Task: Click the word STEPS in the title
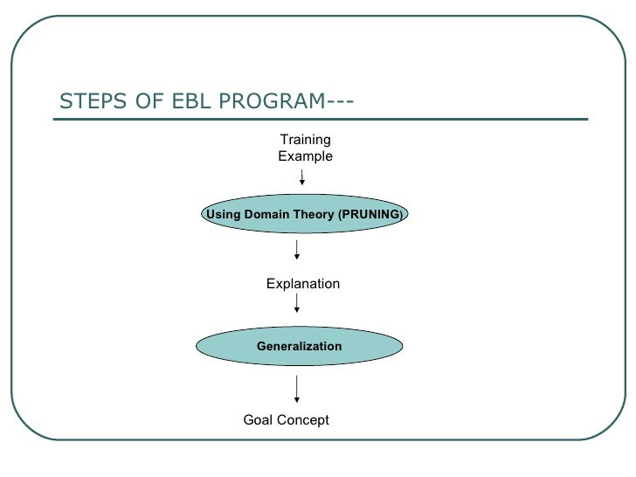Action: coord(93,100)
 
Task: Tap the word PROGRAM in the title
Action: coord(273,100)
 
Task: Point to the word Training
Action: coord(306,140)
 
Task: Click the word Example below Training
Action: coord(306,156)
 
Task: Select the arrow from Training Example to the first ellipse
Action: coord(301,177)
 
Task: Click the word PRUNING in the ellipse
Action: coord(371,214)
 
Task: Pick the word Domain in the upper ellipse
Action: coord(267,214)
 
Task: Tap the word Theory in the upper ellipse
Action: coord(314,215)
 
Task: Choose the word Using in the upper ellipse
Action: coord(224,215)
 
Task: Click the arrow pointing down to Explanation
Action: coord(297,250)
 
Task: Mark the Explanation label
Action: coord(303,284)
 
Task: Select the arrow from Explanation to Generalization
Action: coord(297,303)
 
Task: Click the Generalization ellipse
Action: coord(300,346)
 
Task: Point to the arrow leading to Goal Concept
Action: coord(297,389)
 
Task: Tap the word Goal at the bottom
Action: coord(258,420)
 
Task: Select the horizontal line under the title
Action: coord(321,119)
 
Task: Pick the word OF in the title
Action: coord(149,100)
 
